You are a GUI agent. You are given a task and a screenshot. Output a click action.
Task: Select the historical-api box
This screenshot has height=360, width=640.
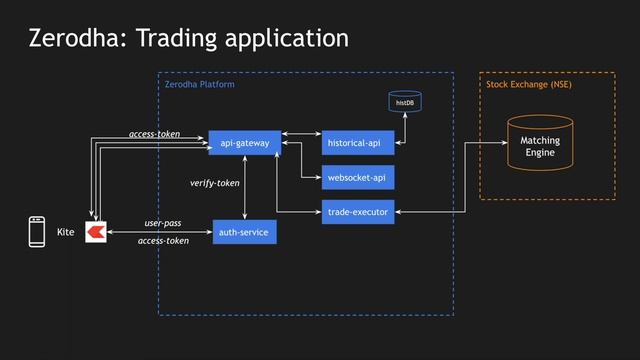pyautogui.click(x=354, y=143)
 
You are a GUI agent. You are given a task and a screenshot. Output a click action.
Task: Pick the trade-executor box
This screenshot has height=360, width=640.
pyautogui.click(x=357, y=211)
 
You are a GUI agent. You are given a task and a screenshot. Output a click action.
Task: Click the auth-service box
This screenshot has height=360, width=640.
pyautogui.click(x=244, y=233)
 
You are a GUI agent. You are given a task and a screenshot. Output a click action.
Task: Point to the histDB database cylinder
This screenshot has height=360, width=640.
pyautogui.click(x=404, y=102)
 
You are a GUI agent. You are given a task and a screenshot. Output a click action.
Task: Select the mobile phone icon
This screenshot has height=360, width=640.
pyautogui.click(x=37, y=232)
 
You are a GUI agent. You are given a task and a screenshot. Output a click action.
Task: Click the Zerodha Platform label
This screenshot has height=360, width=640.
pyautogui.click(x=200, y=85)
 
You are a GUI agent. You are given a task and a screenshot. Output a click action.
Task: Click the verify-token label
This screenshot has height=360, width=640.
pyautogui.click(x=215, y=184)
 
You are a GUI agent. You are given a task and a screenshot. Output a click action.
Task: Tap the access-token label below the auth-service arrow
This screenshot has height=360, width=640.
pyautogui.click(x=163, y=241)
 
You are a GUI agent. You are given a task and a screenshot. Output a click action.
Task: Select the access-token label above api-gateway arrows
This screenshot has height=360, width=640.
pyautogui.click(x=154, y=133)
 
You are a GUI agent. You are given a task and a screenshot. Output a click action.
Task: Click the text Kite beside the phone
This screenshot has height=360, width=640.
pyautogui.click(x=66, y=232)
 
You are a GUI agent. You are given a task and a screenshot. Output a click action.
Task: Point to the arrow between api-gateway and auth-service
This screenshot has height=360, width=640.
pyautogui.click(x=245, y=188)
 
